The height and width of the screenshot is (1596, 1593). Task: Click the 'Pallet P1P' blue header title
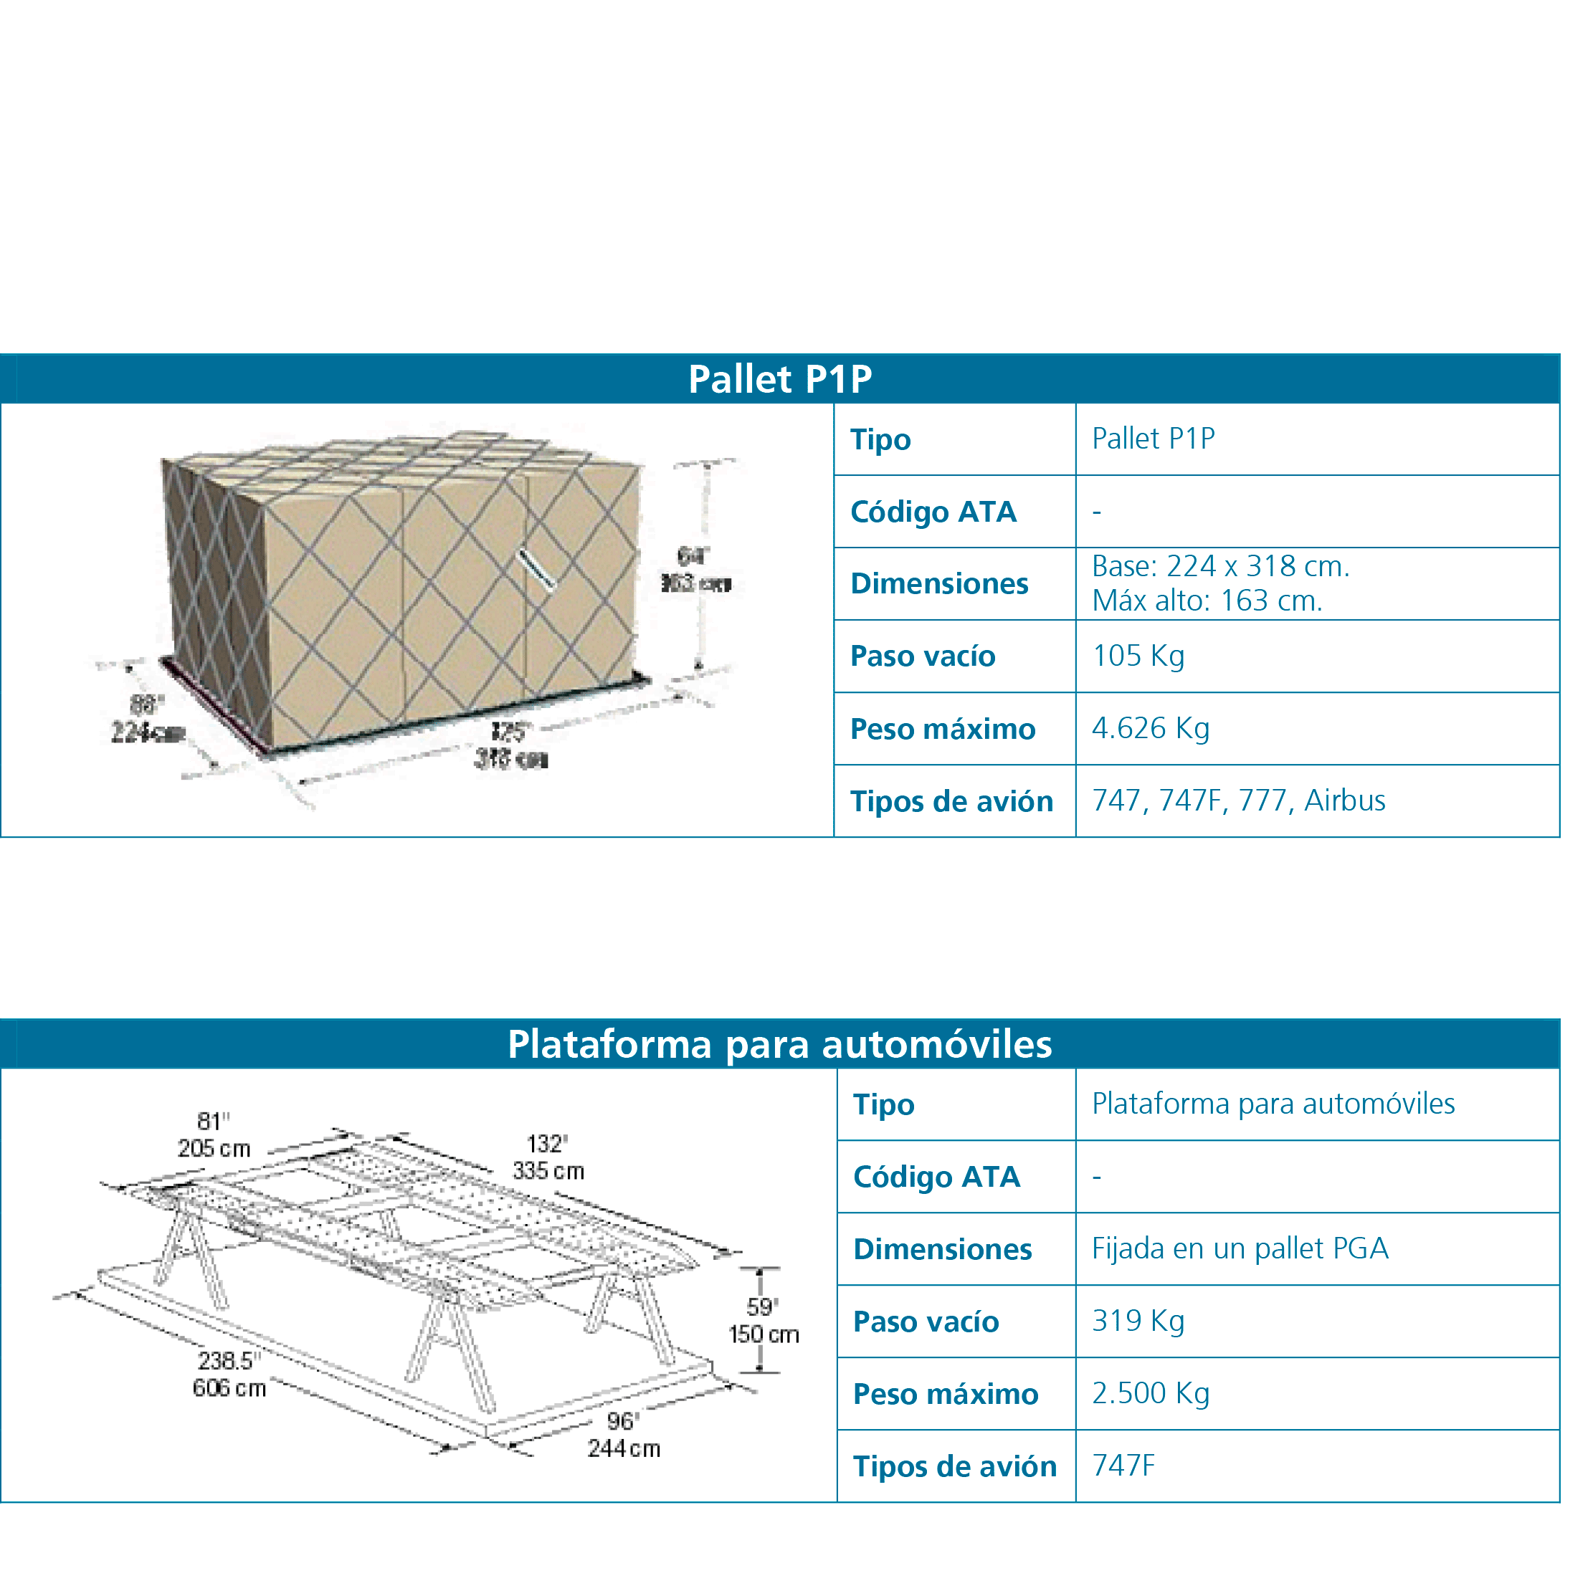(779, 379)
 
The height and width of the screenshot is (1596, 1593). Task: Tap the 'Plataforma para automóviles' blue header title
(779, 1044)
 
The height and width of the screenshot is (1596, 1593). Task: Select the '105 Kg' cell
(1138, 656)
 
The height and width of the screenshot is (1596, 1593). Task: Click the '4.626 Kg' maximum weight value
(1150, 729)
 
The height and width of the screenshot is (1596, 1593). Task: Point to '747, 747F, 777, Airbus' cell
(1237, 801)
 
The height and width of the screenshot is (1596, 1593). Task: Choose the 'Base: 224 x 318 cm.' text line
(1219, 567)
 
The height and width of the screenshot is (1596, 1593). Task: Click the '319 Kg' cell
(1138, 1321)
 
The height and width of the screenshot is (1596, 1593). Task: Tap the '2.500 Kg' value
(1150, 1394)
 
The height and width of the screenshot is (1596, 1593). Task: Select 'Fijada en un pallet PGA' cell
(1240, 1248)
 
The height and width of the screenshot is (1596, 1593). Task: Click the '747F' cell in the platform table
(1123, 1466)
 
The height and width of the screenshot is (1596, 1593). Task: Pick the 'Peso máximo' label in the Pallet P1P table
(942, 730)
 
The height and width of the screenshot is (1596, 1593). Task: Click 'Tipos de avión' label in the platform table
(954, 1466)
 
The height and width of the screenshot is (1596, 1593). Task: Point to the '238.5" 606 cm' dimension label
(229, 1375)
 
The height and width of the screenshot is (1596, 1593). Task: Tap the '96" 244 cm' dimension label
(623, 1435)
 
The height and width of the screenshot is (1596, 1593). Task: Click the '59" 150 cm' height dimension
(763, 1321)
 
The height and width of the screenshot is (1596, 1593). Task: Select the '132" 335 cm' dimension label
(548, 1157)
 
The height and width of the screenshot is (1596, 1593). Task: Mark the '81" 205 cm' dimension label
(213, 1135)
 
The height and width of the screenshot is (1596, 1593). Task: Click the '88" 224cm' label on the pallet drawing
(146, 719)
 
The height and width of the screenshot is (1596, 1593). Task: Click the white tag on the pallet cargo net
(536, 570)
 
